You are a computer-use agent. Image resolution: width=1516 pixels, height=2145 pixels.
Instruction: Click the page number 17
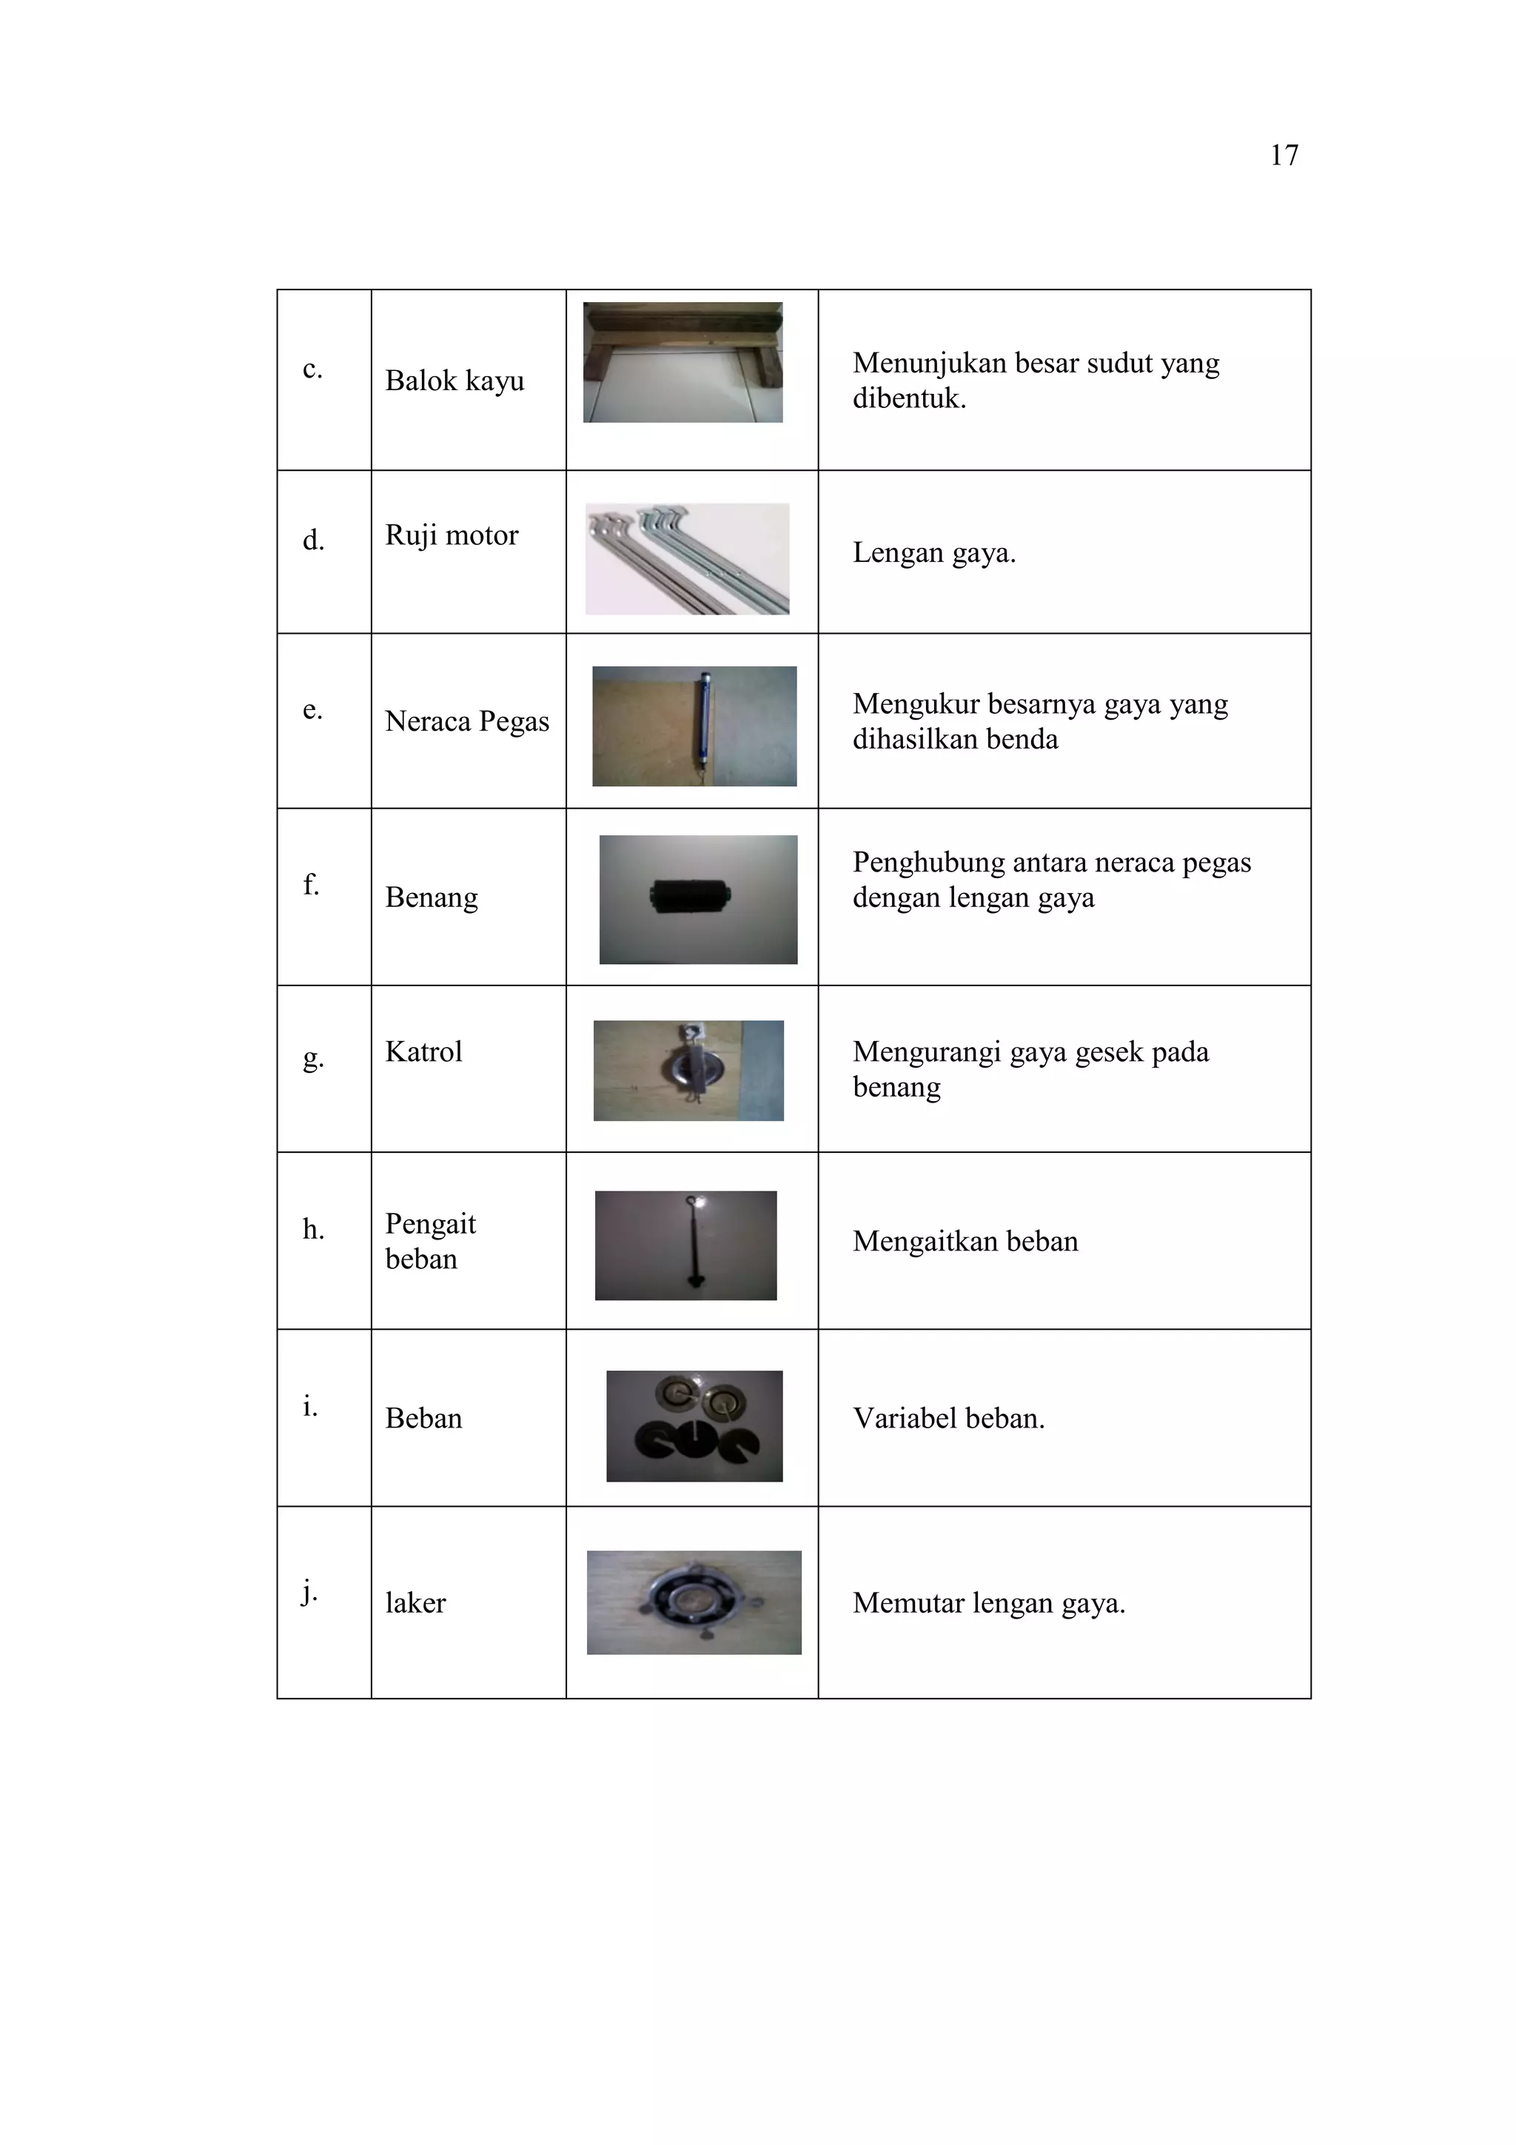pos(1284,155)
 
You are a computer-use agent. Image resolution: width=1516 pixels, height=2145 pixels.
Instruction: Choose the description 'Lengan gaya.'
pos(933,553)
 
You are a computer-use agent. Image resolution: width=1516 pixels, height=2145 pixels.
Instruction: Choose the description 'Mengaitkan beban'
pos(965,1241)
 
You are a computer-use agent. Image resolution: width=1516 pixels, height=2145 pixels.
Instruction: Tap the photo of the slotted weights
pos(694,1425)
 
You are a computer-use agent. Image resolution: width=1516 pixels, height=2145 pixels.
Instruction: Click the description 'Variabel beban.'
pos(948,1418)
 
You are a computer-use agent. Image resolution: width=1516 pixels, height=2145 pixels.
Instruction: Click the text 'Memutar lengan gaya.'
pos(988,1603)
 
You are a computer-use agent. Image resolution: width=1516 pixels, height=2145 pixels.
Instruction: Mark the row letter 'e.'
pos(312,709)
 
